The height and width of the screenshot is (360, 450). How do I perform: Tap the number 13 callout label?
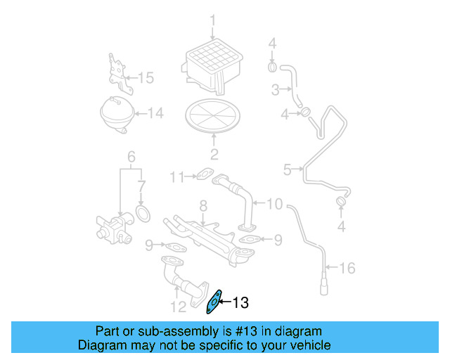(240, 303)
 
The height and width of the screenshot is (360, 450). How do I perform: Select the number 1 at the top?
(213, 20)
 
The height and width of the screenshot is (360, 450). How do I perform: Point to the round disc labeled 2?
(213, 116)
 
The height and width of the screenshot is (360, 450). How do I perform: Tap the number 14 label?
(154, 112)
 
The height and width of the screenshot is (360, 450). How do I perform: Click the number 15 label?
(145, 77)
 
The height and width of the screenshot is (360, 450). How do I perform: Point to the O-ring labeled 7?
(143, 212)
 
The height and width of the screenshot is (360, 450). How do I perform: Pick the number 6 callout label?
(130, 156)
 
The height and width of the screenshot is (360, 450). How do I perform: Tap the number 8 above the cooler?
(202, 205)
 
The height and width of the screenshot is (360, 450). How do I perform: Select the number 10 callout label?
(274, 204)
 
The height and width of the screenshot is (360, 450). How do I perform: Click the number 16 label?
(347, 268)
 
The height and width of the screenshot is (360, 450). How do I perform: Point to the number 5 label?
(287, 169)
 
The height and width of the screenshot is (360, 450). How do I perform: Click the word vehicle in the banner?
(307, 345)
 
